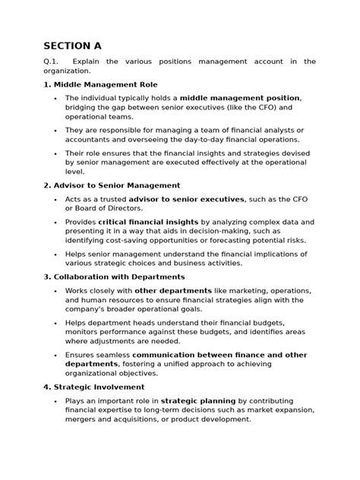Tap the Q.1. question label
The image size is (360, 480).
(52, 62)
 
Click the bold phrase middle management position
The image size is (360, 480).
(240, 98)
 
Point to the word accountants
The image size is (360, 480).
(92, 140)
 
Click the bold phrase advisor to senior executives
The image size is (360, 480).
(187, 199)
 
